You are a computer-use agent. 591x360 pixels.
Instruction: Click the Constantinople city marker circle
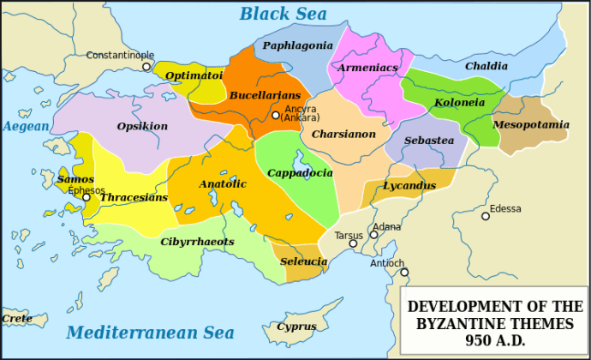[146, 66]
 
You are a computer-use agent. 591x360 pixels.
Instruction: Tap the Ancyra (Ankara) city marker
[275, 115]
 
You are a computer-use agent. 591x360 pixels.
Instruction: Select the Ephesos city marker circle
[86, 197]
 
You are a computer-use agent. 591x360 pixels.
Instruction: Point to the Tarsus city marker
[352, 243]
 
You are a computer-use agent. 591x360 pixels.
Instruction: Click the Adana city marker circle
[373, 234]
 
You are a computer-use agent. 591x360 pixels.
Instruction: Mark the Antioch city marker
[404, 273]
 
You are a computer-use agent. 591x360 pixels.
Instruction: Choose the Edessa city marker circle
[486, 216]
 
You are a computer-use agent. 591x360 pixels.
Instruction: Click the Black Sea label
[283, 14]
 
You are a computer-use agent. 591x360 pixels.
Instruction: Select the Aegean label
[26, 126]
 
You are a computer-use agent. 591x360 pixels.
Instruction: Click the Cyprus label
[295, 327]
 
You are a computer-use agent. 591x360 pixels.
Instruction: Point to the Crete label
[16, 318]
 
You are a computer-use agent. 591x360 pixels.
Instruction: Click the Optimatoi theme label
[194, 75]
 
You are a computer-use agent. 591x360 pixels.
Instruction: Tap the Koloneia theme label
[459, 102]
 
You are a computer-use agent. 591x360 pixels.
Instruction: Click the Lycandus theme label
[409, 185]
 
